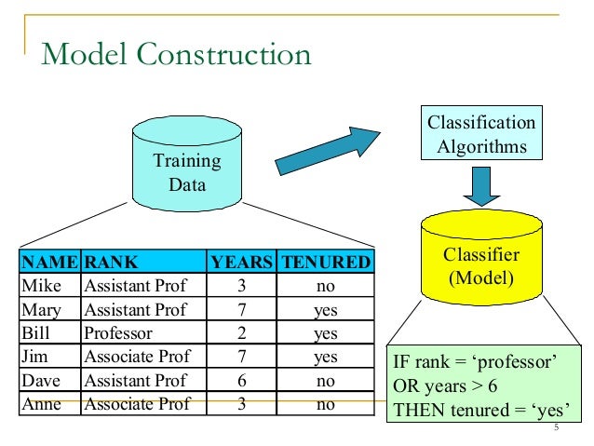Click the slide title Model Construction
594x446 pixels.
point(176,54)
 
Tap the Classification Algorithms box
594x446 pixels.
point(481,135)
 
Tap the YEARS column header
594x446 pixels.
point(242,262)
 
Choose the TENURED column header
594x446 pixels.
point(326,262)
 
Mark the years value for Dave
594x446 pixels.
point(241,380)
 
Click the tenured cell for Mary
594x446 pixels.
point(325,309)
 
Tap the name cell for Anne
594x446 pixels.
point(41,403)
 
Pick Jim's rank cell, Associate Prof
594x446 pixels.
point(136,357)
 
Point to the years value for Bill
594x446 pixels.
point(241,332)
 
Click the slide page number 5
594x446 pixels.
point(555,428)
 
